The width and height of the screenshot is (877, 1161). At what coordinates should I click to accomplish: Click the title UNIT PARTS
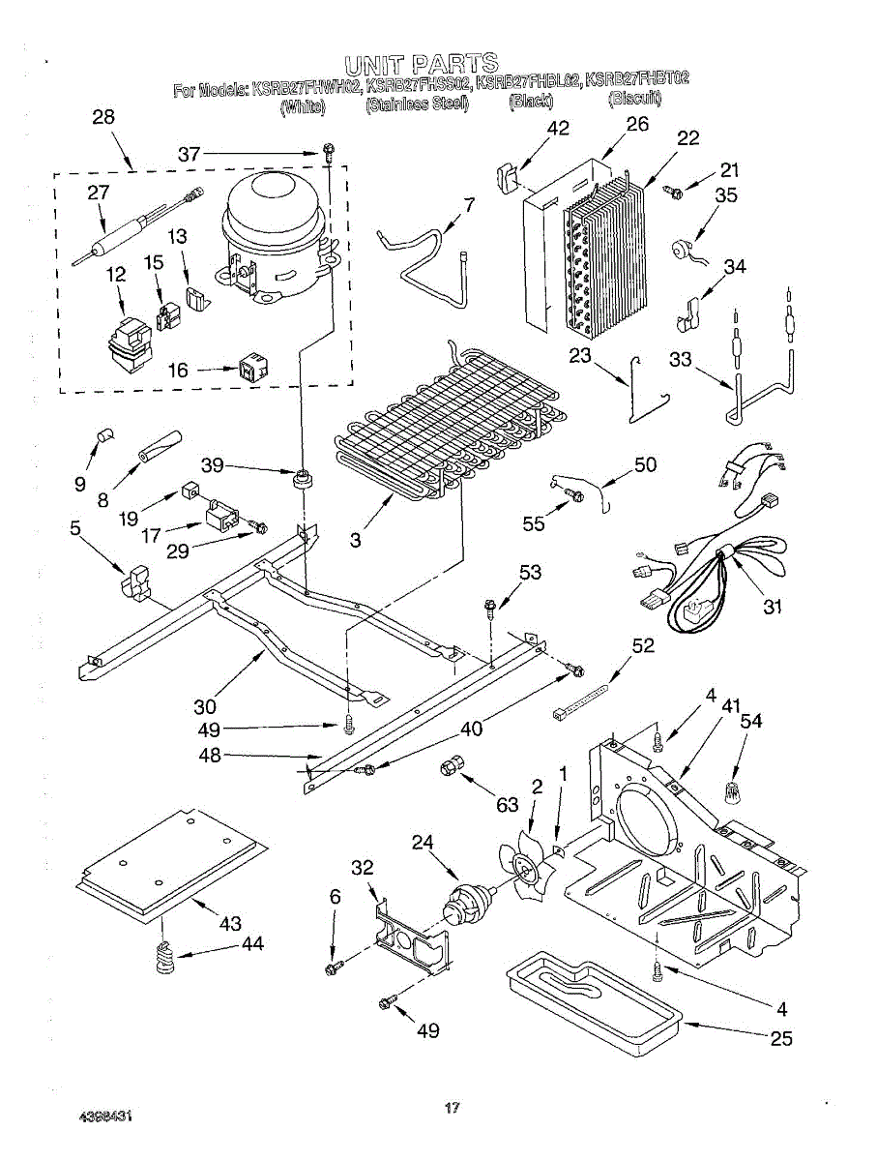(x=422, y=65)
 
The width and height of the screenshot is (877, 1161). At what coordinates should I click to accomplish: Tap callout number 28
(x=102, y=116)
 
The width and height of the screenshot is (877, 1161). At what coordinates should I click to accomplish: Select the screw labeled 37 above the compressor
(x=329, y=151)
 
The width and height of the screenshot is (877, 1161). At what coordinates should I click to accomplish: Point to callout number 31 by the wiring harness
(x=772, y=607)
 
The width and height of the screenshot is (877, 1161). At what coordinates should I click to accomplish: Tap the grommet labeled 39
(x=305, y=477)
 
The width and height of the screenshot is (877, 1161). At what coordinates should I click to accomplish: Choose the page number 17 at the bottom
(x=451, y=1111)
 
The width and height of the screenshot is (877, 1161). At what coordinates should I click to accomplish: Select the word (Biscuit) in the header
(x=634, y=100)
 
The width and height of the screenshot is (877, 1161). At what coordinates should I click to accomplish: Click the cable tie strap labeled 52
(x=582, y=700)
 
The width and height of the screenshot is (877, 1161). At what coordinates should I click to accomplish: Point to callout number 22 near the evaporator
(x=687, y=137)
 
